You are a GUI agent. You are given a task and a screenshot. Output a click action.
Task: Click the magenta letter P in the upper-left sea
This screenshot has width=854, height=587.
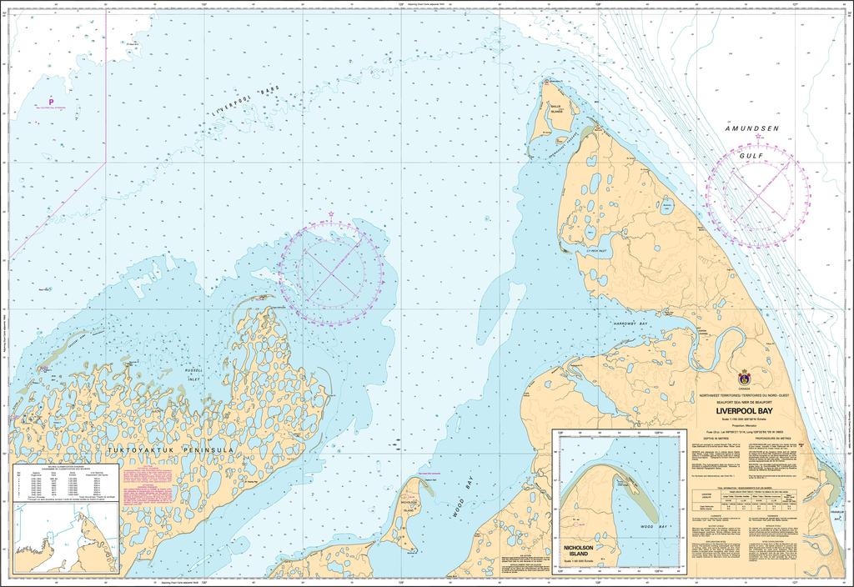(51, 102)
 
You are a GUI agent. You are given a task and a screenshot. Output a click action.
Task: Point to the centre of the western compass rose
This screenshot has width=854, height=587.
(331, 272)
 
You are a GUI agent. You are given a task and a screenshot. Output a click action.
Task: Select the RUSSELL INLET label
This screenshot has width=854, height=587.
(194, 373)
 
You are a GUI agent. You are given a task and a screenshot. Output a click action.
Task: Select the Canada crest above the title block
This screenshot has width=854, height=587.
(744, 377)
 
